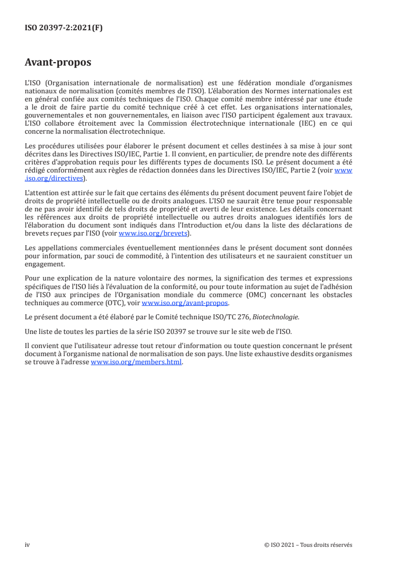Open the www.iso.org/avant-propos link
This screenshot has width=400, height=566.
(185, 303)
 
